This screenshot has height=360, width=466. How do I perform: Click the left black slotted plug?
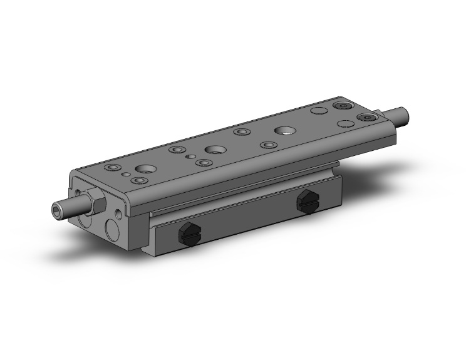[188, 234]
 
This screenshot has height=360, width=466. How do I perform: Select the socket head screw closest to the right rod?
[366, 117]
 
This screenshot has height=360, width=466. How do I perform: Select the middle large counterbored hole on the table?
[215, 150]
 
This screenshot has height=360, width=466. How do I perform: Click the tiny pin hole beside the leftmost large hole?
[126, 175]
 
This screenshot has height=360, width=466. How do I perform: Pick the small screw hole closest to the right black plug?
[269, 145]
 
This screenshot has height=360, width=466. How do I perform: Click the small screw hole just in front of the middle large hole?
[202, 163]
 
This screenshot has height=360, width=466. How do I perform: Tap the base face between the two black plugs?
[244, 219]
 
